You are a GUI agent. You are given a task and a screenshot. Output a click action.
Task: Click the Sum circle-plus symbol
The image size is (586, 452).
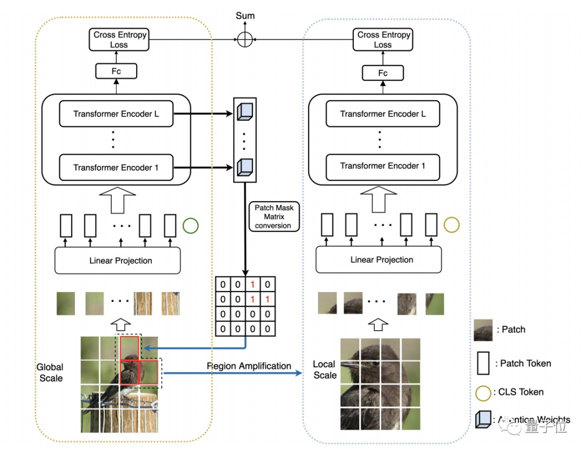tap(245, 39)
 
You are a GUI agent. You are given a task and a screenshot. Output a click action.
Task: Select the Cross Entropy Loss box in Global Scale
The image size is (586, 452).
tap(119, 40)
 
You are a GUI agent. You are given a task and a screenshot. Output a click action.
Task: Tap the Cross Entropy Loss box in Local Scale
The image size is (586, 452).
tap(383, 40)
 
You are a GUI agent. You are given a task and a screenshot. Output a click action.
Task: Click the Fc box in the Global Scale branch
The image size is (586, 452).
tap(116, 71)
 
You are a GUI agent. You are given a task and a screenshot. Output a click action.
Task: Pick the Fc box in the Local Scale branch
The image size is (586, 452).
tap(383, 73)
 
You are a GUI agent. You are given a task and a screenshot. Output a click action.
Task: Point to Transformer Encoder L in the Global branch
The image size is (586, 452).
tap(116, 114)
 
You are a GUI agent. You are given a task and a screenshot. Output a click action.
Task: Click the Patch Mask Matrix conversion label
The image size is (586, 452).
tap(273, 216)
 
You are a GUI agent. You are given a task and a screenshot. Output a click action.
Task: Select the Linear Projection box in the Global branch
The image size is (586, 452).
tap(118, 261)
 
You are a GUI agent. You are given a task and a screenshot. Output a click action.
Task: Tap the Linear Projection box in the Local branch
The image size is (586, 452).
tap(381, 260)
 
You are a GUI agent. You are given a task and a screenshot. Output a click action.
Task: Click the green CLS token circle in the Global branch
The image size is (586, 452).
tap(190, 226)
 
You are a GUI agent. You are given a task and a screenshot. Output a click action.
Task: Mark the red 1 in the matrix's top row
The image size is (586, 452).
tap(252, 285)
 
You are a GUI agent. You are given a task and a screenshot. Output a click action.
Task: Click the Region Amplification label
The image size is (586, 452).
tap(249, 366)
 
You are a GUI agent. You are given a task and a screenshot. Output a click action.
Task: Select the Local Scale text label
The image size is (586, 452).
tap(324, 370)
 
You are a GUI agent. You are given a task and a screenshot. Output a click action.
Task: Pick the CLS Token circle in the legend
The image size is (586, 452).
tap(482, 391)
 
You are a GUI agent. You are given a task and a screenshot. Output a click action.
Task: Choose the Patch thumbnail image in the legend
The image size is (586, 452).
tap(483, 330)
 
